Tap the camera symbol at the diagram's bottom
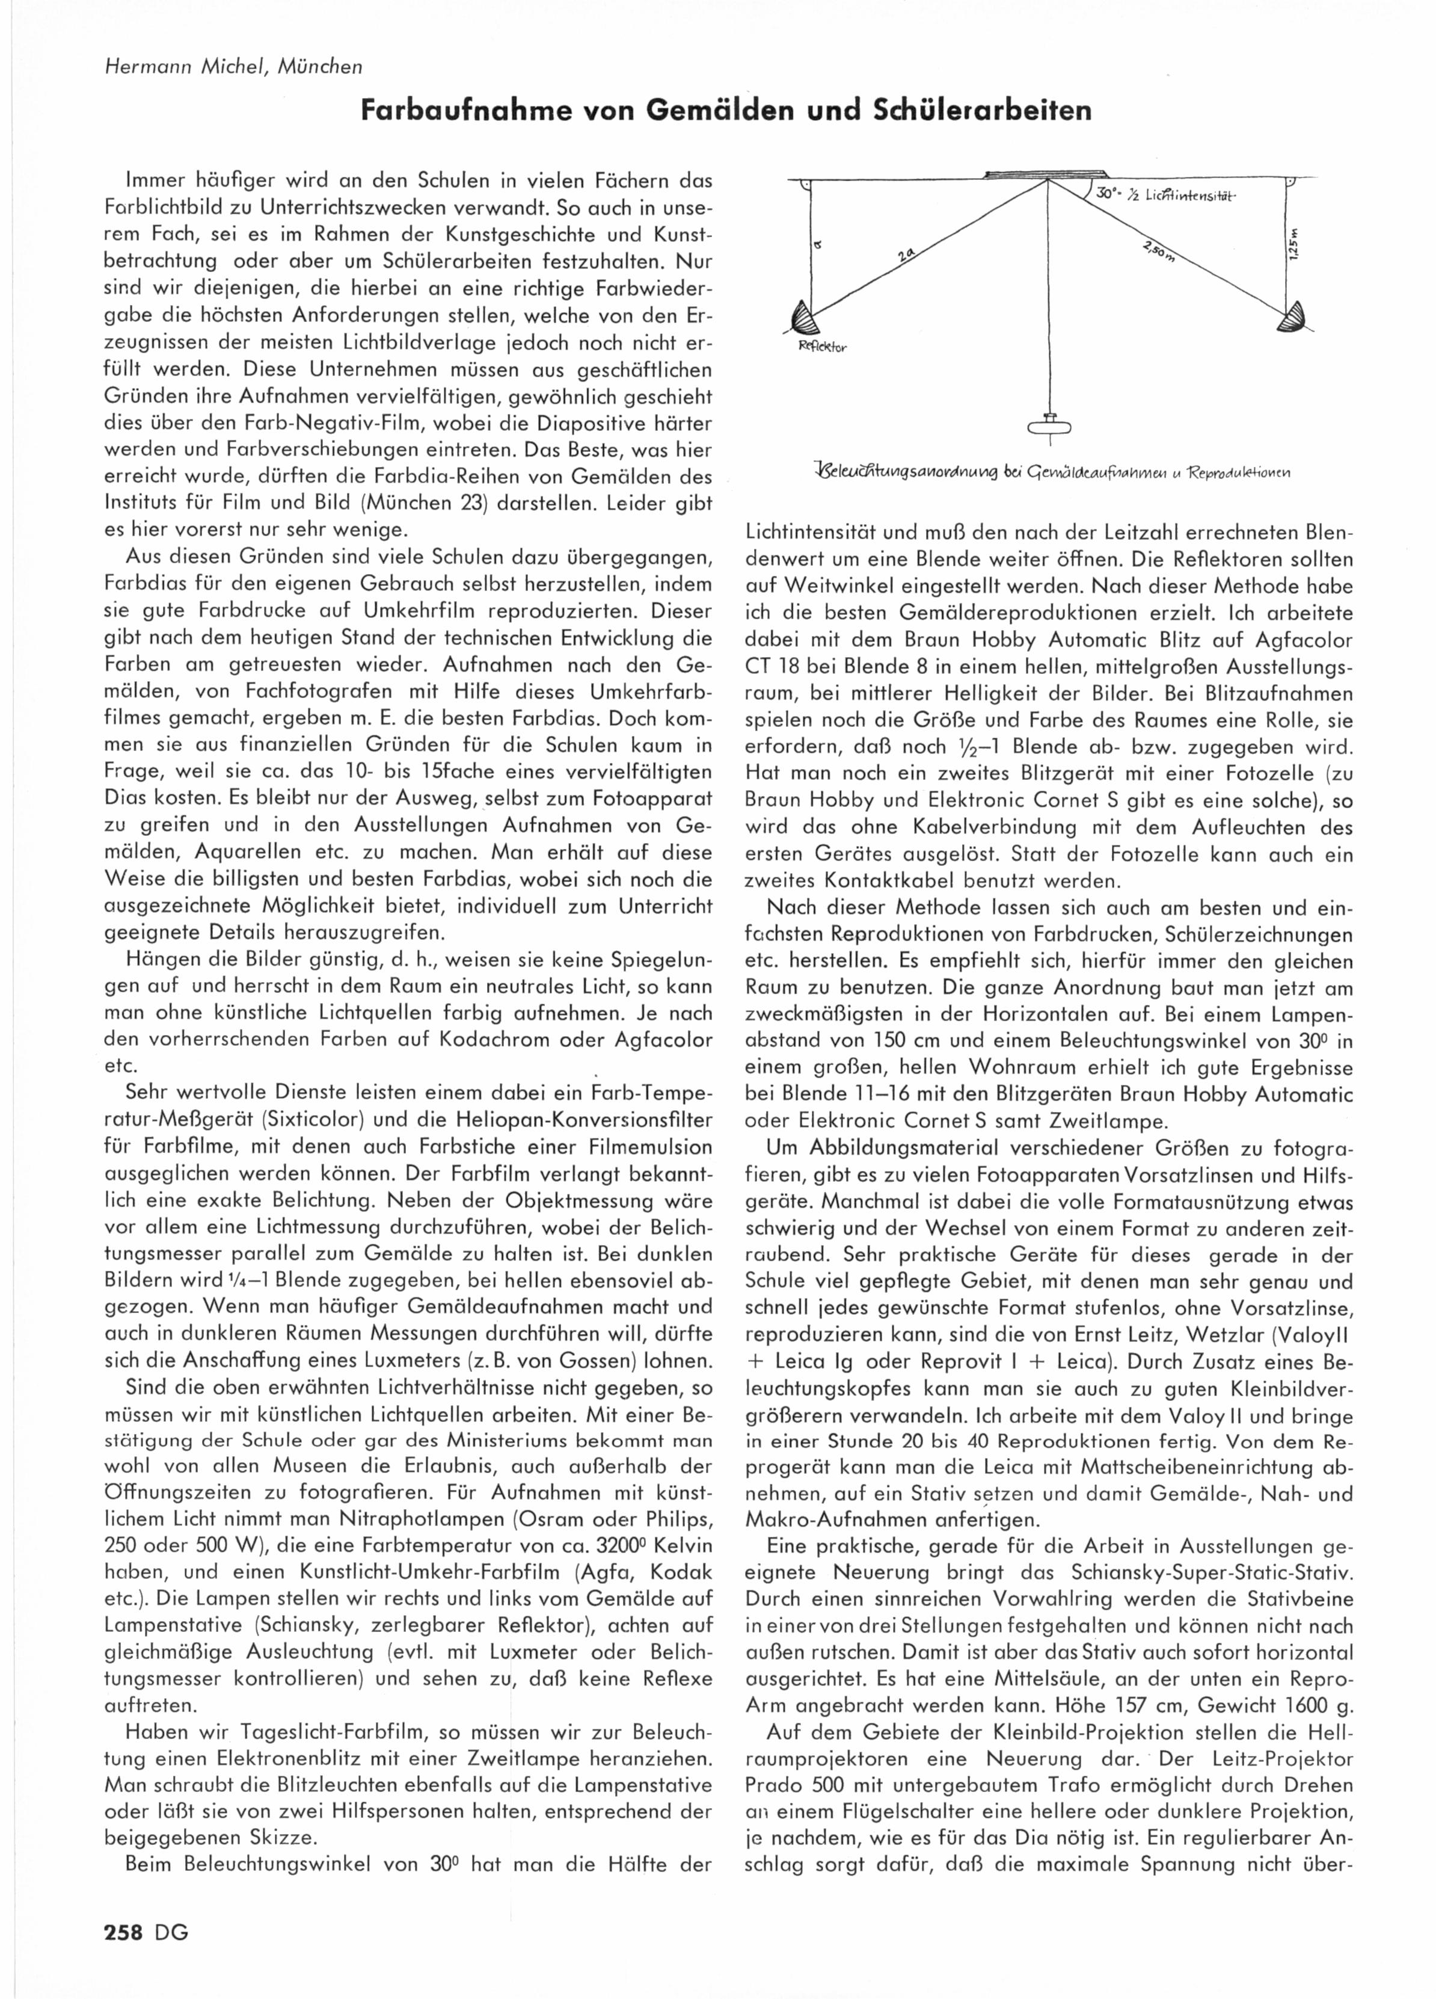tap(1049, 425)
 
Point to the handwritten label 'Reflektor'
tap(822, 347)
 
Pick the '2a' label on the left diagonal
tap(908, 256)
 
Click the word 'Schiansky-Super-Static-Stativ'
tap(1209, 1572)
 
